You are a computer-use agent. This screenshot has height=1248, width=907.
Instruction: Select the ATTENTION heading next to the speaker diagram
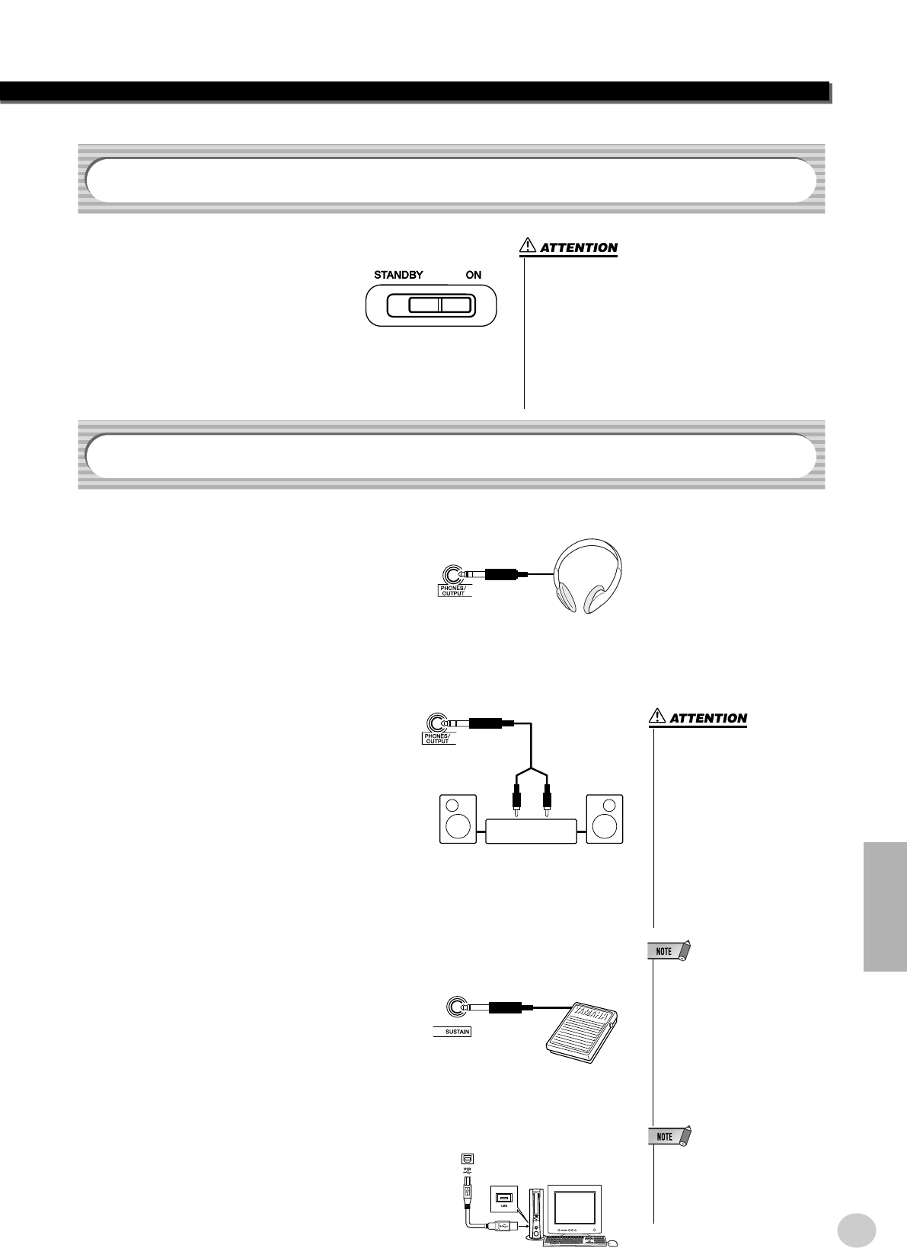pyautogui.click(x=708, y=718)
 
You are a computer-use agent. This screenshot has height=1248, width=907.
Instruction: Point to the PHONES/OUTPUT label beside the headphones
pyautogui.click(x=455, y=590)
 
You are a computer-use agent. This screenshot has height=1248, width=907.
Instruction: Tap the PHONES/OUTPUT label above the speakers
pyautogui.click(x=438, y=739)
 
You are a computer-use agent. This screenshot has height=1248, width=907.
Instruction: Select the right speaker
pyautogui.click(x=604, y=819)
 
